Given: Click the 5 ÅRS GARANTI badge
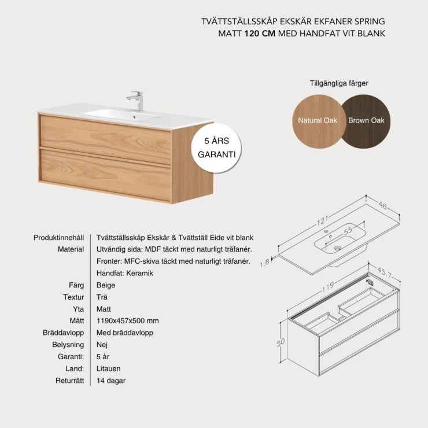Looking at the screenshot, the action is coord(216,147).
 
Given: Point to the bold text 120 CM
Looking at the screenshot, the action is coord(260,34).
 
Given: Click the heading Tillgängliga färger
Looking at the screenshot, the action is coord(339,83).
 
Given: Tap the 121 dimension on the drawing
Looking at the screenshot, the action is coord(323,220).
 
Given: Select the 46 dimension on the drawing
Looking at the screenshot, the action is coord(383,205).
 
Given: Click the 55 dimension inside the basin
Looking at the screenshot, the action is coord(348,231).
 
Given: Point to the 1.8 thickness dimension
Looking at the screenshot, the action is coord(265,263).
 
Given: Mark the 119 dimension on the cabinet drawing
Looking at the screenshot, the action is coord(328,286).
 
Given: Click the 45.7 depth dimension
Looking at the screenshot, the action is coord(385,272).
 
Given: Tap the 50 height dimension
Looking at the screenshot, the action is coord(281,342).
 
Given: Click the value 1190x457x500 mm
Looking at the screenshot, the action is coord(127,321).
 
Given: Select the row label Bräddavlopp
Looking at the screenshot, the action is coord(63,333).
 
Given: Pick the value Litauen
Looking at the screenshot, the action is coord(108,368).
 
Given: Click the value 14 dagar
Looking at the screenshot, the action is coord(111,381).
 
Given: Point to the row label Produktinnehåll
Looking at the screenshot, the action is coord(58,238).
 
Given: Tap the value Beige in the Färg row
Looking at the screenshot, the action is coord(106,285).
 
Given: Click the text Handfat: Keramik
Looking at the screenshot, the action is coord(125,273).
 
